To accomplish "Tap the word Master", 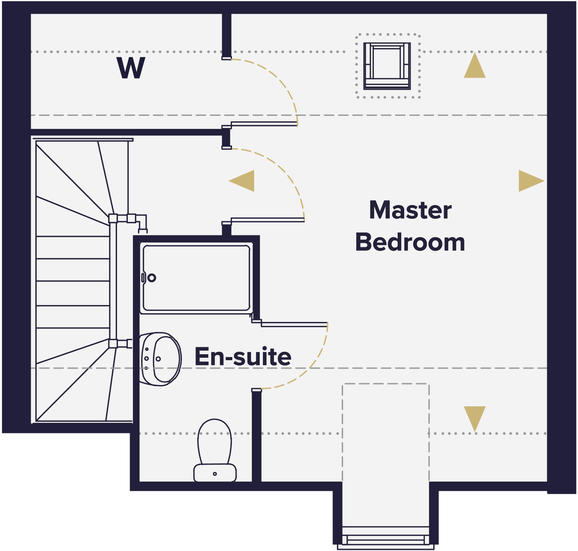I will tap(410, 210).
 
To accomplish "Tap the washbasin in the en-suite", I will tap(161, 359).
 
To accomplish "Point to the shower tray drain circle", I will tap(152, 278).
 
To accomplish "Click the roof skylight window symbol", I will tap(387, 66).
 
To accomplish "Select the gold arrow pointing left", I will tap(243, 181).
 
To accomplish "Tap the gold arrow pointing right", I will tap(530, 181).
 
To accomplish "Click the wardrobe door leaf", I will tap(264, 124).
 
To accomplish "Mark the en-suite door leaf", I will tap(294, 324).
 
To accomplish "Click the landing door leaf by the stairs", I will tap(268, 220).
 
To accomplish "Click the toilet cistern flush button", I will tap(215, 474).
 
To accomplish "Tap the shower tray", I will tap(196, 278).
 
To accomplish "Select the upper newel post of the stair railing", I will tap(113, 218).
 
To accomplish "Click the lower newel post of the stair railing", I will tap(113, 343).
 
